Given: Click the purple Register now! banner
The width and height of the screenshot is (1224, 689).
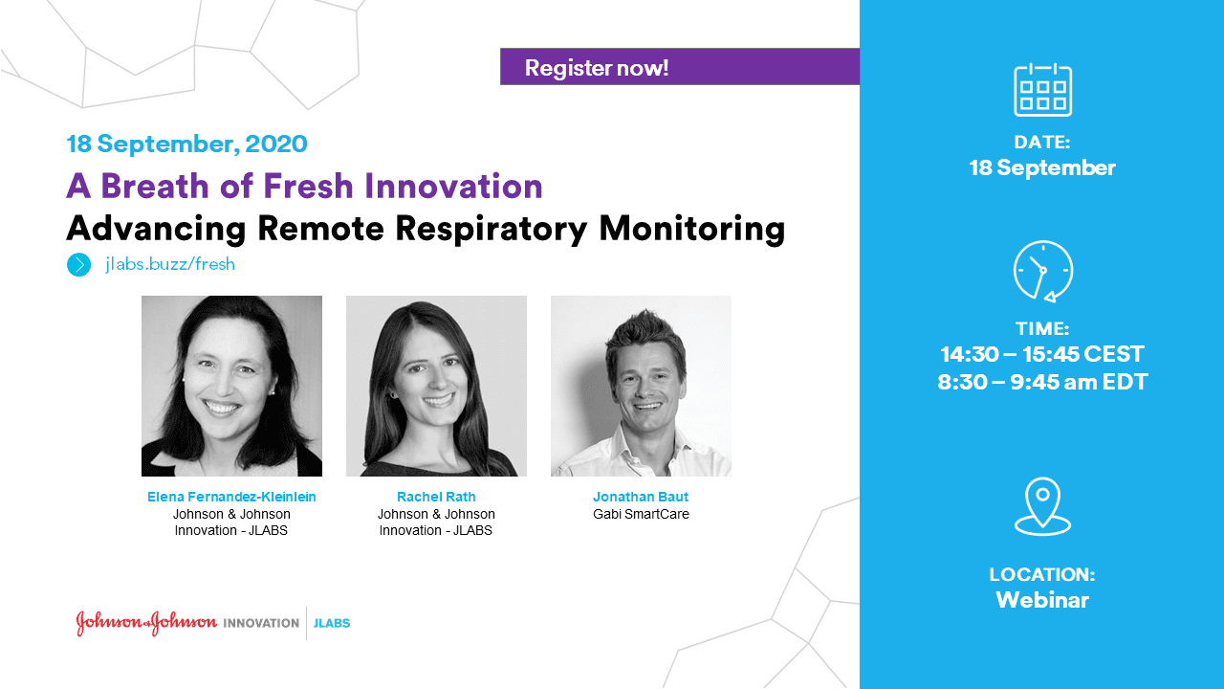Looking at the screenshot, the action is coord(680,67).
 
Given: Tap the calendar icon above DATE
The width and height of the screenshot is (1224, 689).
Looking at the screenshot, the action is coord(1042,90).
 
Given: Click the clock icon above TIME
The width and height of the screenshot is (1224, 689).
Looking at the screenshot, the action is coord(1043,271).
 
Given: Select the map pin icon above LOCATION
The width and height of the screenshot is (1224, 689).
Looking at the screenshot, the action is coord(1042,506).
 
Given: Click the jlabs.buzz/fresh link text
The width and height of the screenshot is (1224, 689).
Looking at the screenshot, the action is coord(170,264).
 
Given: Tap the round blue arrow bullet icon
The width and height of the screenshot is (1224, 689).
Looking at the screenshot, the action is coord(78,265).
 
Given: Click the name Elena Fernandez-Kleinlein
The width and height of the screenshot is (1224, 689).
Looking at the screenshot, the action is coord(231,497).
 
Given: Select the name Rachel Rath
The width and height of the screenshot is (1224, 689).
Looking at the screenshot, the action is coord(436,497).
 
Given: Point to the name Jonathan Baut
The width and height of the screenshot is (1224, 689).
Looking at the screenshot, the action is coord(641,497).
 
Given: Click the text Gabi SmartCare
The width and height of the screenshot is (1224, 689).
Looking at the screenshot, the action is coord(641,514).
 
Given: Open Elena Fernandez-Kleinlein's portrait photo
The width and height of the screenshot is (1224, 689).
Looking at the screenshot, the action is coord(231,386).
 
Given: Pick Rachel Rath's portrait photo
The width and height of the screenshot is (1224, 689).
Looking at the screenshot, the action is coord(436,386).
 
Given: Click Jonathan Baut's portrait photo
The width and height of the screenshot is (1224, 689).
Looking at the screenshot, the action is coord(641,386).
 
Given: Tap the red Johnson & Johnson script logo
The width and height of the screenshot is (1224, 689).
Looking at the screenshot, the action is coord(146,623).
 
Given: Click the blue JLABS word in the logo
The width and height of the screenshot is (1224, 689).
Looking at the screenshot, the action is coord(332,623).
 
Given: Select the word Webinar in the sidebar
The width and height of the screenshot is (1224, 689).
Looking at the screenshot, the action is coord(1042,600).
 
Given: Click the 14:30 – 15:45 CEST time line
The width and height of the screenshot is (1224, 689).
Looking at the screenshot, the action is coord(1042,354).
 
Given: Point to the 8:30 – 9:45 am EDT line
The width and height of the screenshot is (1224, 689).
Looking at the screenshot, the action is coord(1042,382).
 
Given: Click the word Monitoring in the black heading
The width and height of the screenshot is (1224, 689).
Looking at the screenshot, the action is coord(691,230).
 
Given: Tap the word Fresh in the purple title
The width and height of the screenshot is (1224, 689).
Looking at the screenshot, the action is coord(308,186).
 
